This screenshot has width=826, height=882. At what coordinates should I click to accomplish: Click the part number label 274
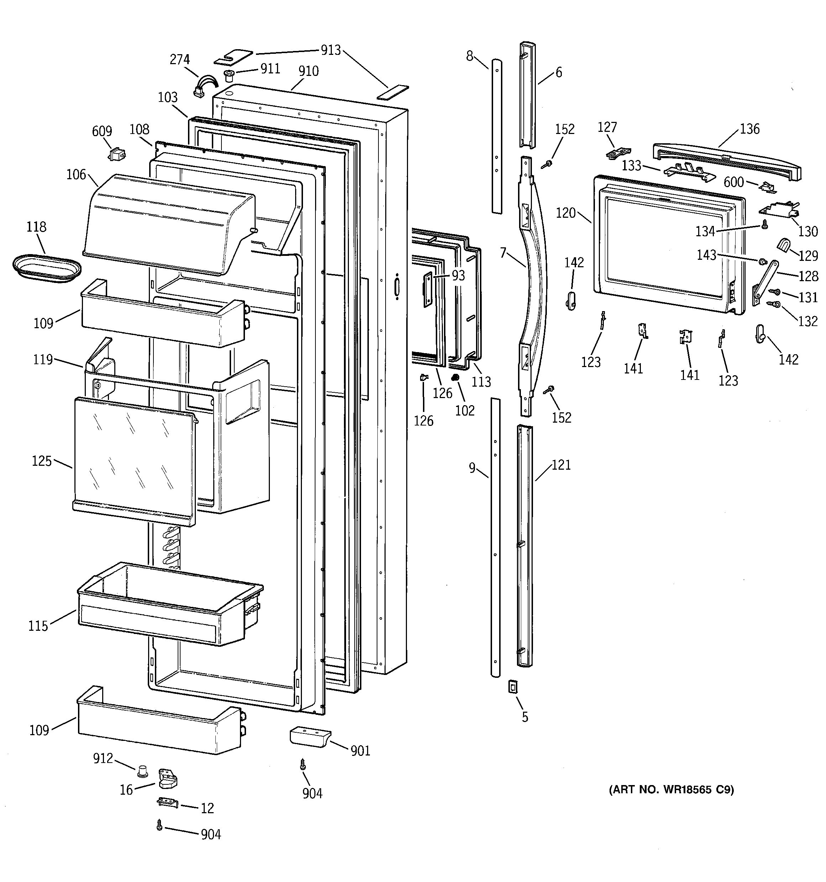pos(179,60)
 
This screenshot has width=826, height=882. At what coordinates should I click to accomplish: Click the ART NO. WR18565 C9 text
pos(671,789)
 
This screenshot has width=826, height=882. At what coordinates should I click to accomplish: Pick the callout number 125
pos(42,461)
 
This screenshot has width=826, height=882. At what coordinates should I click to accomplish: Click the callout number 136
pos(750,129)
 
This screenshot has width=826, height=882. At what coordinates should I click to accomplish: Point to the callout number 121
pos(561,465)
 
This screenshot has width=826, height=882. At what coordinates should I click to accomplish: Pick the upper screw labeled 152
pos(548,164)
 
